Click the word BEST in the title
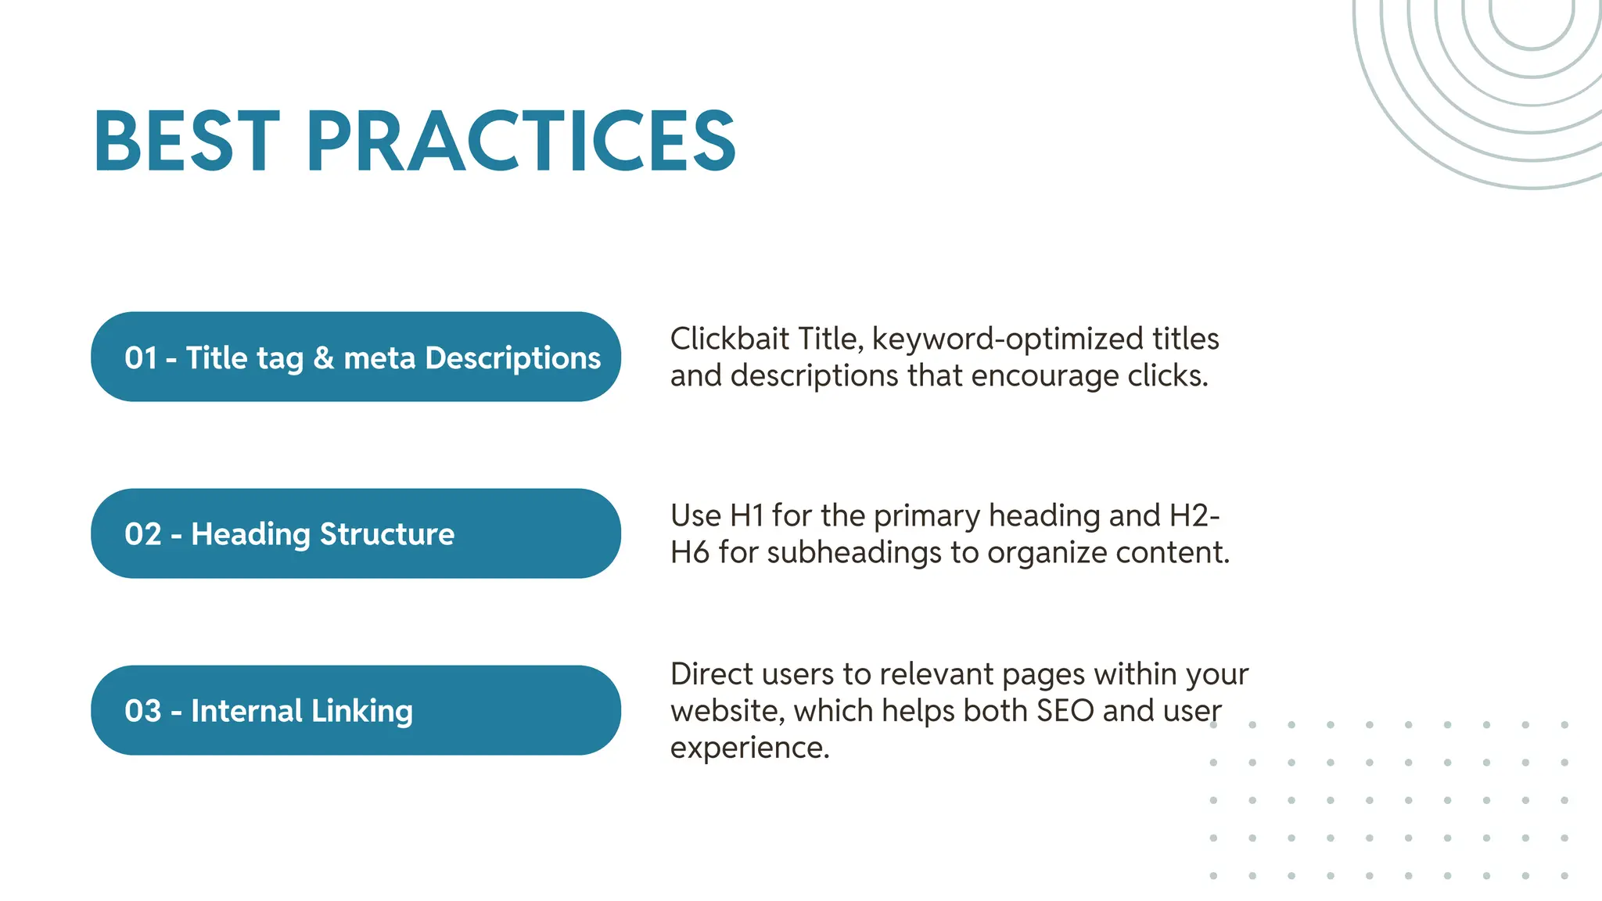[x=186, y=141]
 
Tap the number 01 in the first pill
[x=141, y=358]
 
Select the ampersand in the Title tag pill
[x=324, y=358]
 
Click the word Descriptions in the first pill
[x=513, y=358]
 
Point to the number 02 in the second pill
[x=142, y=534]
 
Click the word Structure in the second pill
[x=387, y=534]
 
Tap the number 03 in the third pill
[x=142, y=711]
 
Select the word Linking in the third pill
[x=362, y=711]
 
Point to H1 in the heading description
[x=746, y=515]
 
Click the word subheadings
[x=854, y=553]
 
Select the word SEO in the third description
[x=1065, y=711]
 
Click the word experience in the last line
[x=749, y=748]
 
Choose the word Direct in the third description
[x=711, y=673]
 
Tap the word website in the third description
[x=727, y=711]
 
